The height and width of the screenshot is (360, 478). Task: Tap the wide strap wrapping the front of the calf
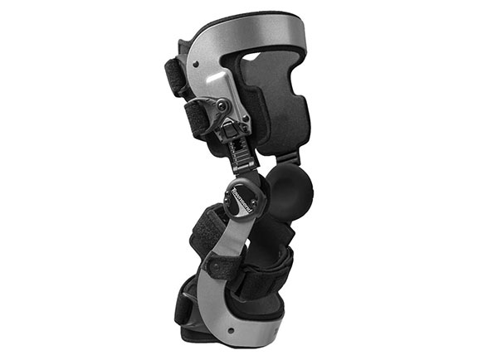pyautogui.click(x=266, y=274)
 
